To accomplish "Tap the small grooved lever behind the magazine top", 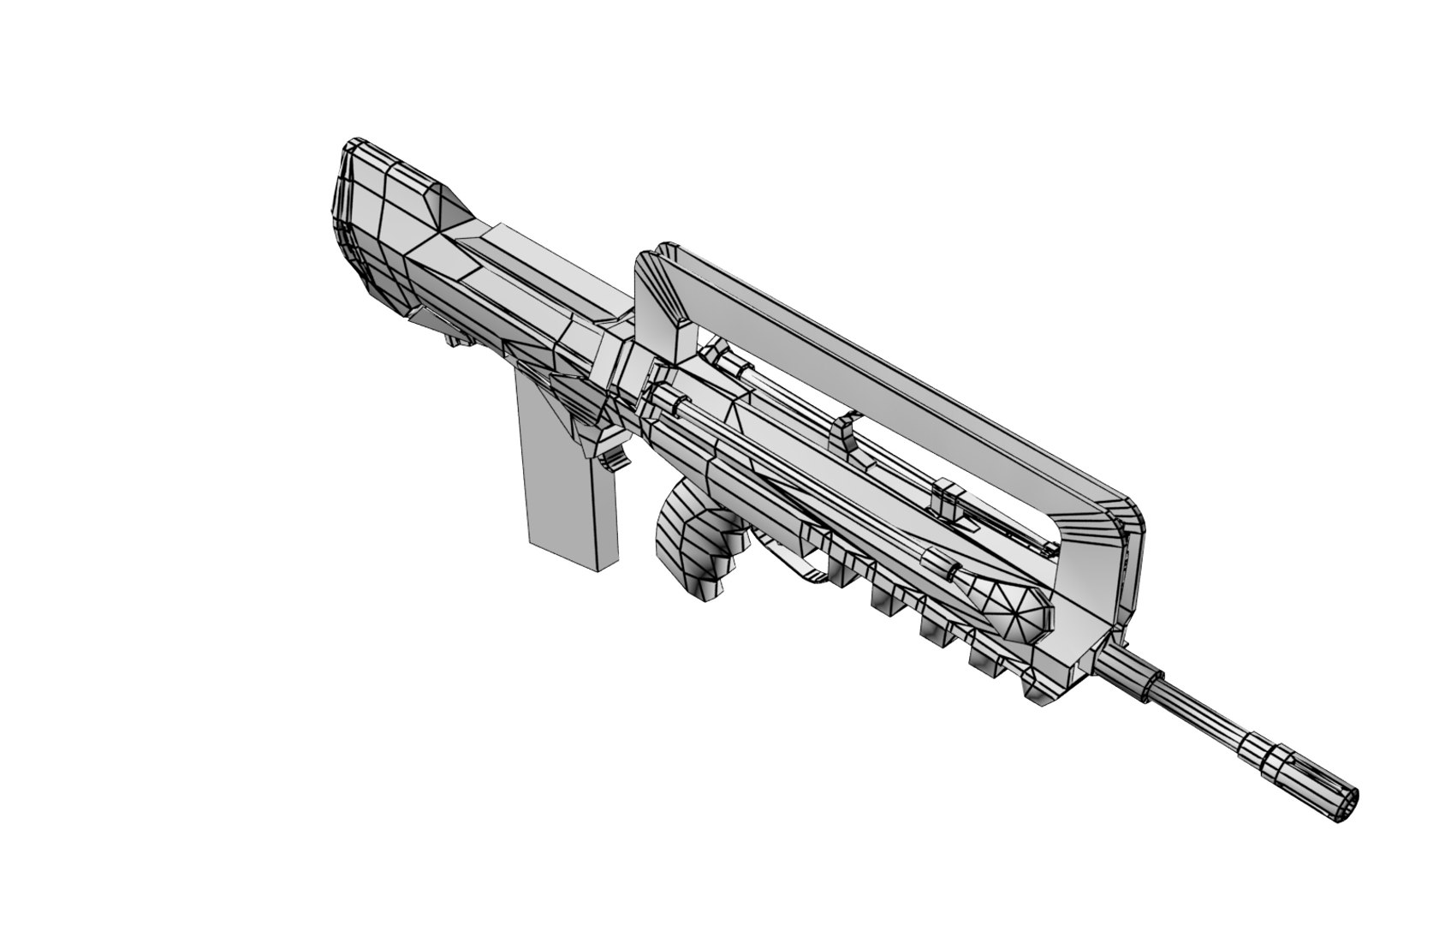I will [x=614, y=458].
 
